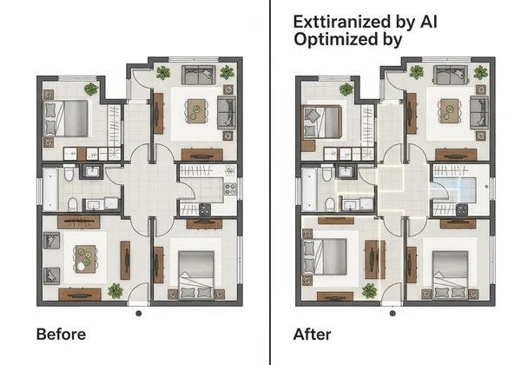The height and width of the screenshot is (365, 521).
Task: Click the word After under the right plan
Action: point(313,334)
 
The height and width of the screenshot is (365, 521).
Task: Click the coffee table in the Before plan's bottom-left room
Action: point(84,258)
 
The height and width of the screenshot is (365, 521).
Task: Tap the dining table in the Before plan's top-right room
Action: point(197,111)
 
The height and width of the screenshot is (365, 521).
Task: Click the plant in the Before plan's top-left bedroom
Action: point(91,88)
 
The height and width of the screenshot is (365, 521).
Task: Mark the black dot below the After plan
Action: point(394,314)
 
